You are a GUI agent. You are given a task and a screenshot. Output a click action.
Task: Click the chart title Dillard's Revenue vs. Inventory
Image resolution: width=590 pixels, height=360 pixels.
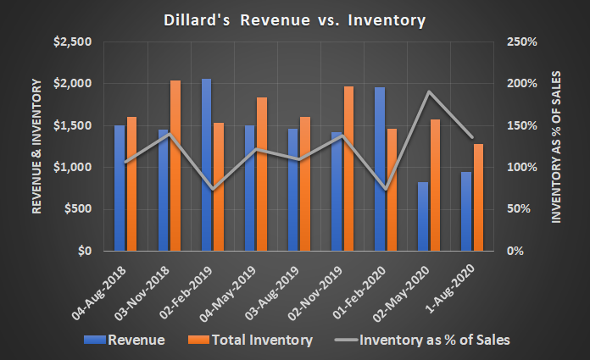pyautogui.click(x=295, y=18)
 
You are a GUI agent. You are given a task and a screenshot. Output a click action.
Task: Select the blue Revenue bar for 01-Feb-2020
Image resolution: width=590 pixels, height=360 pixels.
pyautogui.click(x=380, y=169)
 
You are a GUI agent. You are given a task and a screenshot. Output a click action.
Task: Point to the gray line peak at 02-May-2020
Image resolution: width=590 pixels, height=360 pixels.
pyautogui.click(x=429, y=91)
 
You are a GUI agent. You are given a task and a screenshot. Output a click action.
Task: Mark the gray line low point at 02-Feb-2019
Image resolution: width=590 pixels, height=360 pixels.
pyautogui.click(x=212, y=189)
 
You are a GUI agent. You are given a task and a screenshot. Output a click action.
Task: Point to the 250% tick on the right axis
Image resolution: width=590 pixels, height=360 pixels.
pyautogui.click(x=522, y=42)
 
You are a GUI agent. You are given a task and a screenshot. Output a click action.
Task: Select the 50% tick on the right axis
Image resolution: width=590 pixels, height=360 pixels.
pyautogui.click(x=519, y=209)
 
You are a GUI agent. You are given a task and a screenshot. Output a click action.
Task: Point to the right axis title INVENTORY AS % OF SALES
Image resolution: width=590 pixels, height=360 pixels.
pyautogui.click(x=558, y=147)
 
